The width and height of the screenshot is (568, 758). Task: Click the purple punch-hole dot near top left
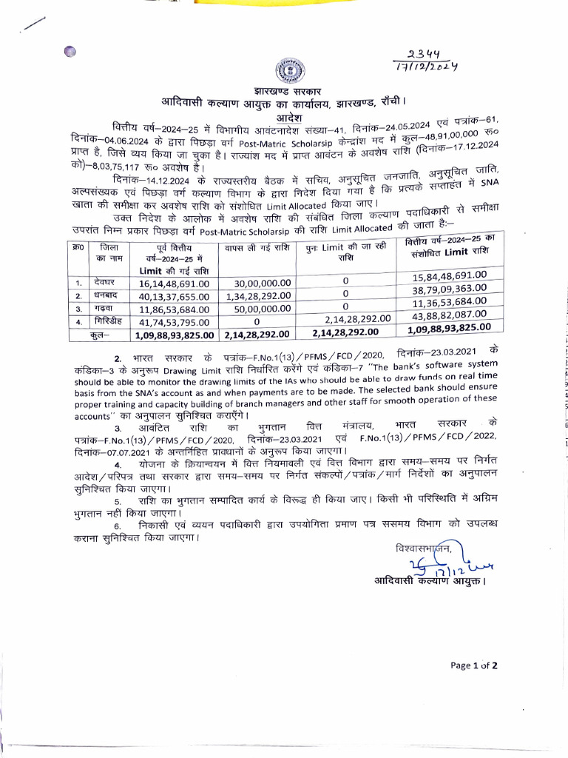coord(70,51)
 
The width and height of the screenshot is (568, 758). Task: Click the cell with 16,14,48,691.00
coord(175,284)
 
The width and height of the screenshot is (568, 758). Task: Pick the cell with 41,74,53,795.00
coord(175,322)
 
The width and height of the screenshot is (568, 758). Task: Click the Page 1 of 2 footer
coord(473,665)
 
